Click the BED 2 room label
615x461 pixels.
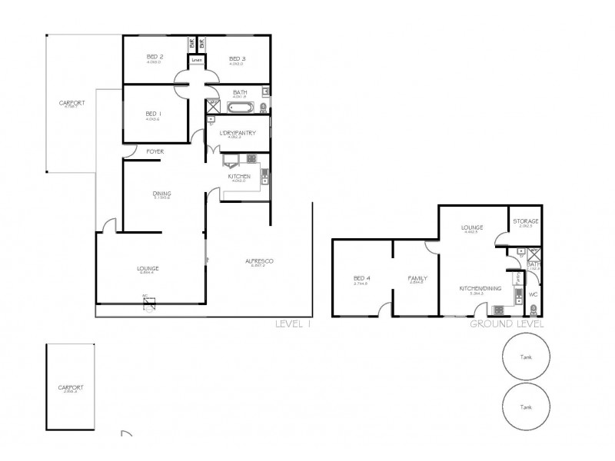click(155, 57)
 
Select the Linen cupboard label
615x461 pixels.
click(197, 60)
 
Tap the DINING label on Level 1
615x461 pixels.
click(161, 193)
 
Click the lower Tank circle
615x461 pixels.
click(526, 408)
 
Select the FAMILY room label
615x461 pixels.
click(417, 278)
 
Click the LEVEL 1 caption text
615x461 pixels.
click(294, 323)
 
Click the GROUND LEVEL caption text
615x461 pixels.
click(507, 323)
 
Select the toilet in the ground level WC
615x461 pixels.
click(534, 309)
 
